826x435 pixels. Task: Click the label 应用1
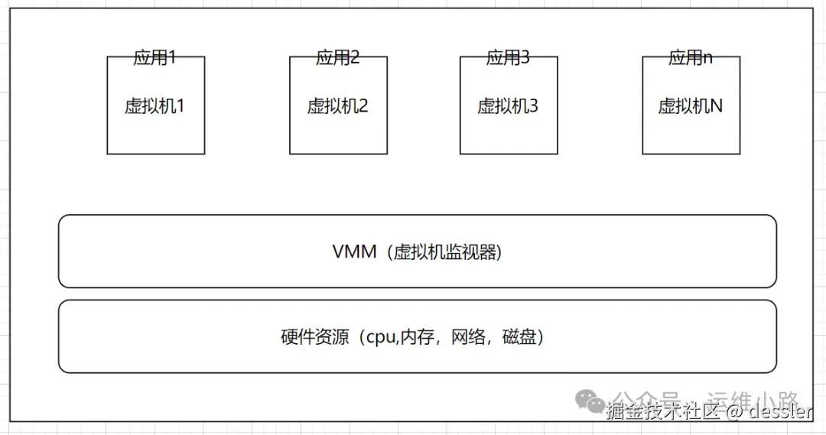[155, 57]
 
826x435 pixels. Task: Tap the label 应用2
[338, 57]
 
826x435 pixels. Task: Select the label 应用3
[508, 57]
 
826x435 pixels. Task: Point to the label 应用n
[691, 57]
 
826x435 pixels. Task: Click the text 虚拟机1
[155, 106]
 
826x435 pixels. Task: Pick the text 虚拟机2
[338, 106]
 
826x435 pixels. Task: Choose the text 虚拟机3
[508, 106]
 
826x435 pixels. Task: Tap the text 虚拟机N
[691, 106]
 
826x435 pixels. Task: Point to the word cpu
[381, 337]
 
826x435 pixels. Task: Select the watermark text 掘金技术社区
[662, 413]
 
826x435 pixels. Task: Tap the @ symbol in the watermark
[733, 413]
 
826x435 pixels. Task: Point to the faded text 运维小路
[753, 400]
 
